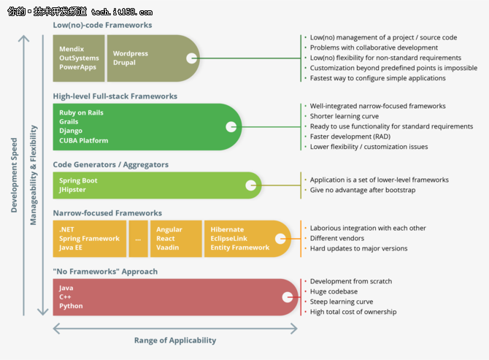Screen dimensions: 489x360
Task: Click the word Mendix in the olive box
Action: [72, 49]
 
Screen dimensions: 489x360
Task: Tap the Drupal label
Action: [124, 62]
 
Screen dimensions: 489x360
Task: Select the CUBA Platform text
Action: [84, 140]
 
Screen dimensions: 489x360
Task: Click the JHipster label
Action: [72, 190]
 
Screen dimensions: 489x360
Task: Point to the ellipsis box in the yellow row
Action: [138, 239]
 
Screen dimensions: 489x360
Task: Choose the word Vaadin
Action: [167, 248]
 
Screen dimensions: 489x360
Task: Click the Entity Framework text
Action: [240, 248]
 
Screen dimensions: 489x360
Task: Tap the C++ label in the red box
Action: [65, 296]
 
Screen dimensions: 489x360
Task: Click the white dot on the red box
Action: [288, 297]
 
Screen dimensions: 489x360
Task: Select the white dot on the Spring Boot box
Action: [251, 185]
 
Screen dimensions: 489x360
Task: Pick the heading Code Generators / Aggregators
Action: [111, 164]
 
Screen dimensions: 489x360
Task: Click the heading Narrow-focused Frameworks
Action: [107, 212]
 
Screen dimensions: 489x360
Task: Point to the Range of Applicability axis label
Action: [175, 340]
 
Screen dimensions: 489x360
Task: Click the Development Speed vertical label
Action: [14, 175]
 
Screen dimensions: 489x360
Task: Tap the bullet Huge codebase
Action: [334, 291]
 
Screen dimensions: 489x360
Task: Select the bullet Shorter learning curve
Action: [344, 116]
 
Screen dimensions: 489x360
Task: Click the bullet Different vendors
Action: [336, 238]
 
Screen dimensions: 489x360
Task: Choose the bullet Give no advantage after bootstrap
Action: [363, 190]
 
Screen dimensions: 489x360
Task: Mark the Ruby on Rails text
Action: [81, 112]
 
